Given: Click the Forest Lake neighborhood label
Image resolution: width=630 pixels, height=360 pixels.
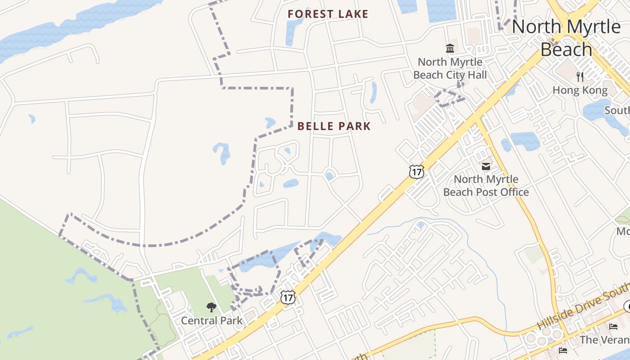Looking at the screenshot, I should [x=328, y=14].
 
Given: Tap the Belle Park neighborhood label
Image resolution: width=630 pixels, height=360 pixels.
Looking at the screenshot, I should [x=334, y=126].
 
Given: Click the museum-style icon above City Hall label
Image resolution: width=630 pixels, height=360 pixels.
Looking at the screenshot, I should [x=450, y=48].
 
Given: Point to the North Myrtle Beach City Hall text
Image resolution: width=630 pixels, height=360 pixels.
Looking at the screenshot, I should [x=450, y=68].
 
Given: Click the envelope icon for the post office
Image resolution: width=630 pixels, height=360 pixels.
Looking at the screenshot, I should [x=486, y=166].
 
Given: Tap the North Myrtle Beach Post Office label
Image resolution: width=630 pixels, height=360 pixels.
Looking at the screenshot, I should [x=486, y=186].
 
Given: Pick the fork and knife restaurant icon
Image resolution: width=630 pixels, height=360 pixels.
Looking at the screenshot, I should [x=580, y=77].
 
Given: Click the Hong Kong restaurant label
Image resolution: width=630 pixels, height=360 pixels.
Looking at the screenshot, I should [x=580, y=90].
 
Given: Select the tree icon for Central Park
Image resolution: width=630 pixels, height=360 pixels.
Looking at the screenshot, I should [x=211, y=307].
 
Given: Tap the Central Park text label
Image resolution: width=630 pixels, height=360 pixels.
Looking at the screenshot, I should [x=211, y=321].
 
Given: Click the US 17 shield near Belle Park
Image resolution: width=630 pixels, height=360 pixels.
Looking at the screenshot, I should [x=417, y=171].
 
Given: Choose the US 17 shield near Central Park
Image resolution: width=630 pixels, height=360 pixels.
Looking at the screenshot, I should [x=288, y=297].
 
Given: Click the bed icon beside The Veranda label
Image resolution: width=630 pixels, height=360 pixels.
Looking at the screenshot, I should [x=613, y=327].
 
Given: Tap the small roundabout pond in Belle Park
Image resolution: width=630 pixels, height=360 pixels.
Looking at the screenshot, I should [x=329, y=175].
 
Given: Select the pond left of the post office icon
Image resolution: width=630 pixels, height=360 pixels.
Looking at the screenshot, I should [x=506, y=145].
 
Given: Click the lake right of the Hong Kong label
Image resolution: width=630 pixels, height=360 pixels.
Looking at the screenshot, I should [x=596, y=109].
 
